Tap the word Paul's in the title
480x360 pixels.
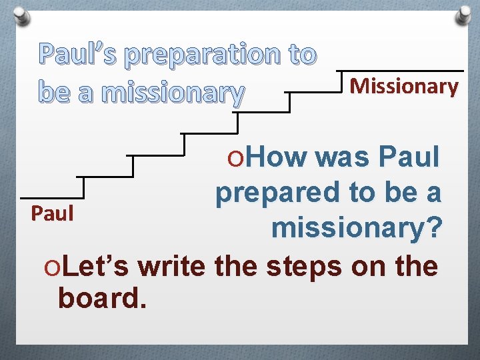pyautogui.click(x=77, y=55)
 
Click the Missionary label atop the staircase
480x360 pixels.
pyautogui.click(x=404, y=86)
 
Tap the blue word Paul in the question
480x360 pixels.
pyautogui.click(x=410, y=157)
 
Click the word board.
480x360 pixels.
pyautogui.click(x=102, y=298)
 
